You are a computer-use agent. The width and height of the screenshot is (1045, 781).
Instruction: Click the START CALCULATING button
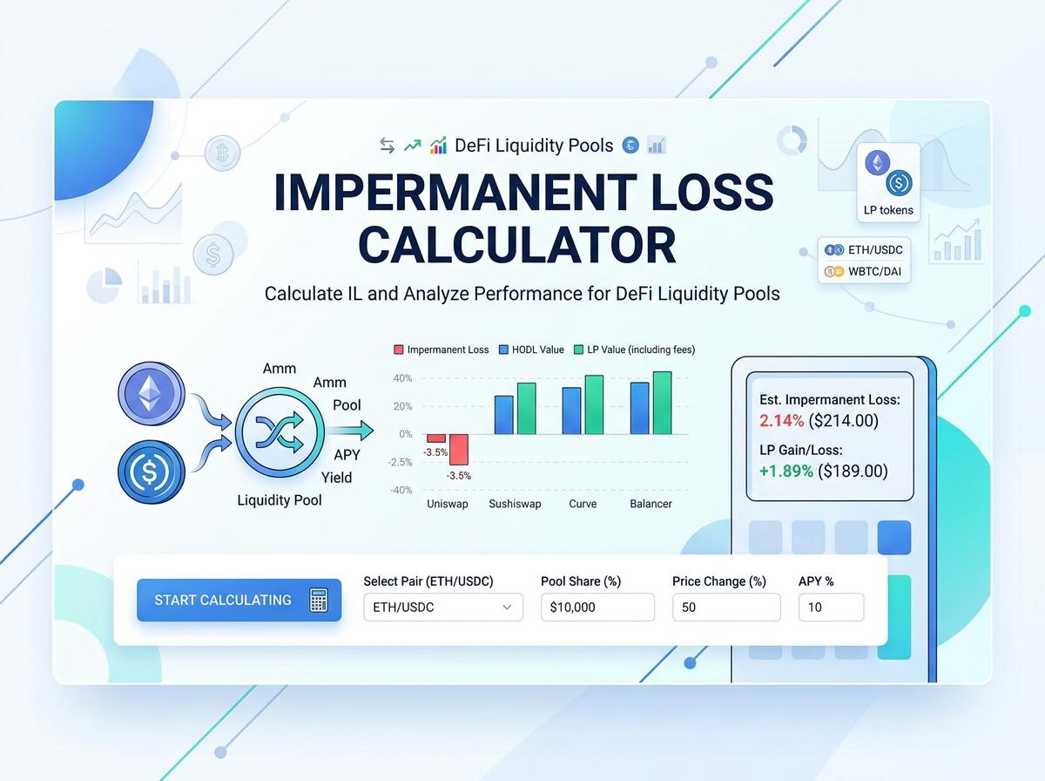pyautogui.click(x=239, y=600)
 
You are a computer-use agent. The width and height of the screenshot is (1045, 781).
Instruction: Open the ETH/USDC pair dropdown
pyautogui.click(x=442, y=607)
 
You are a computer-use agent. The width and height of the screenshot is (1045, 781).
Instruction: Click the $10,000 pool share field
pyautogui.click(x=597, y=607)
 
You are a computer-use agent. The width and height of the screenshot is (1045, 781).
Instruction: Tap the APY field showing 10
pyautogui.click(x=831, y=607)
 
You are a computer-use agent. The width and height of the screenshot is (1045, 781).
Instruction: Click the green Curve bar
pyautogui.click(x=594, y=404)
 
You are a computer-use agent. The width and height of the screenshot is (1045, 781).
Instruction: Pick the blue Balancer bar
pyautogui.click(x=639, y=408)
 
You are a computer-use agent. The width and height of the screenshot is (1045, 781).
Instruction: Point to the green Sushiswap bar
pyautogui.click(x=526, y=408)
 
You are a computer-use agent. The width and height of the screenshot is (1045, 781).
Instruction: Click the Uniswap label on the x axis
pyautogui.click(x=448, y=504)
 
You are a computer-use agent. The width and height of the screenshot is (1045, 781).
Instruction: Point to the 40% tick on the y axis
pyautogui.click(x=402, y=378)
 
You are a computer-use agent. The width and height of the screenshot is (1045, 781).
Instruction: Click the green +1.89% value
pyautogui.click(x=786, y=472)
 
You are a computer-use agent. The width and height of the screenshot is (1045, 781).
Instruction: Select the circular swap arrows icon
pyautogui.click(x=279, y=432)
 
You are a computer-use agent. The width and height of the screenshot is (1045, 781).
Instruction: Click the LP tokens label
pyautogui.click(x=888, y=210)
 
